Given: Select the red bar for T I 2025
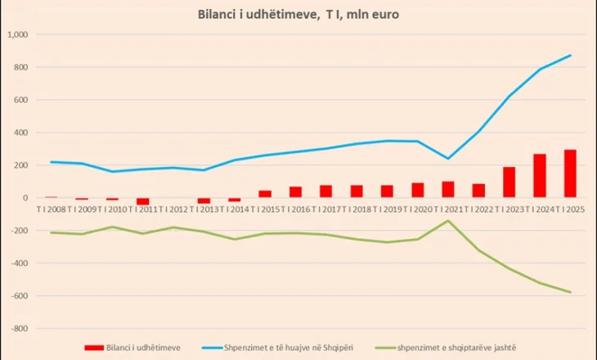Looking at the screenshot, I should click(570, 173).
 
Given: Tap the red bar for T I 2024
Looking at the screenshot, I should click(540, 176).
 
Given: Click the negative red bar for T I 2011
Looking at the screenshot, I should click(143, 201).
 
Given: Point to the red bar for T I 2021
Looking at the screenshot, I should click(447, 189).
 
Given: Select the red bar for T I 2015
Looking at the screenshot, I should click(265, 194).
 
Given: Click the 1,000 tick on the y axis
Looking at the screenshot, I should click(17, 35).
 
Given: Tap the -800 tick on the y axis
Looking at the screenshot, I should click(19, 328).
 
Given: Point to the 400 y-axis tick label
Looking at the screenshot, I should click(20, 133).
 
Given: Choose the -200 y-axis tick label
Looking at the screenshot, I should click(19, 231).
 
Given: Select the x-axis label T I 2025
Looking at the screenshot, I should click(570, 209).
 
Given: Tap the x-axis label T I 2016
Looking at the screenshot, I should click(295, 209).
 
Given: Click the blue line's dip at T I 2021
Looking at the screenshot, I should click(447, 159).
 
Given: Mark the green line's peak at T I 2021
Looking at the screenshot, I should click(447, 220).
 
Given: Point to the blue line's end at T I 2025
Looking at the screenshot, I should click(570, 56).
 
